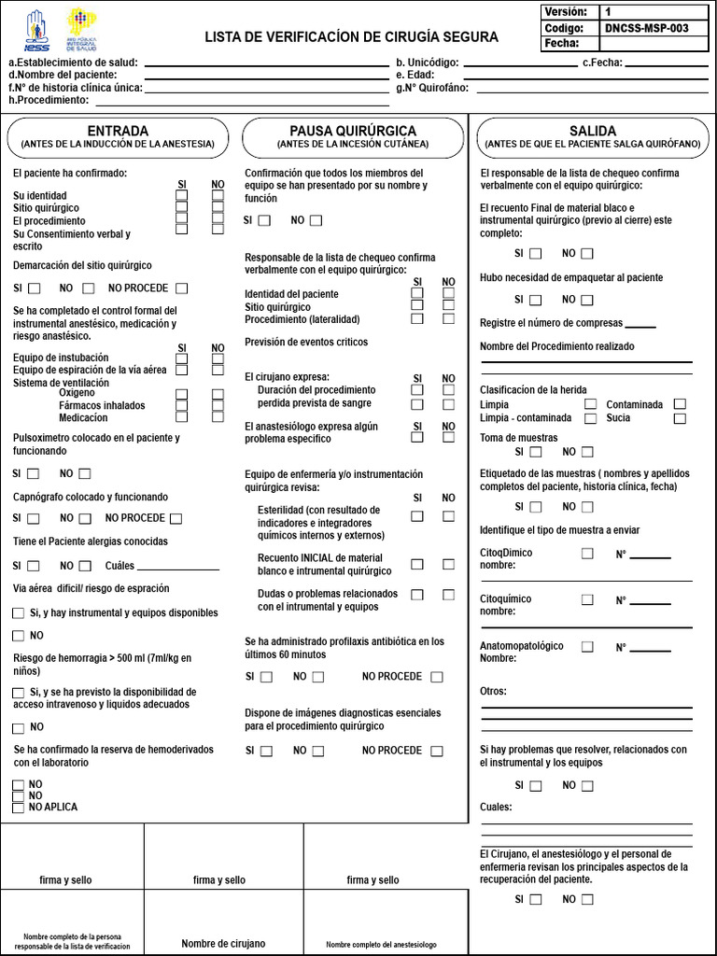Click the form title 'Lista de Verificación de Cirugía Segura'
[351, 36]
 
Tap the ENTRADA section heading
[117, 131]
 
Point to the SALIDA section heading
[592, 131]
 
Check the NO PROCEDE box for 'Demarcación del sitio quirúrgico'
[181, 288]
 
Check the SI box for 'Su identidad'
[182, 195]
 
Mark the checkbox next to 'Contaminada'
[680, 404]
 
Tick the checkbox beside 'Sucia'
[680, 418]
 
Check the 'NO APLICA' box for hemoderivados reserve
[18, 807]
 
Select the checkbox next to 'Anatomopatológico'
[587, 646]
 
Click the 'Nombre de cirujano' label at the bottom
[223, 944]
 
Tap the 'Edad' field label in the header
[411, 75]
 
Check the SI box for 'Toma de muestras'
[535, 452]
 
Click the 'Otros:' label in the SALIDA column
[493, 691]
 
